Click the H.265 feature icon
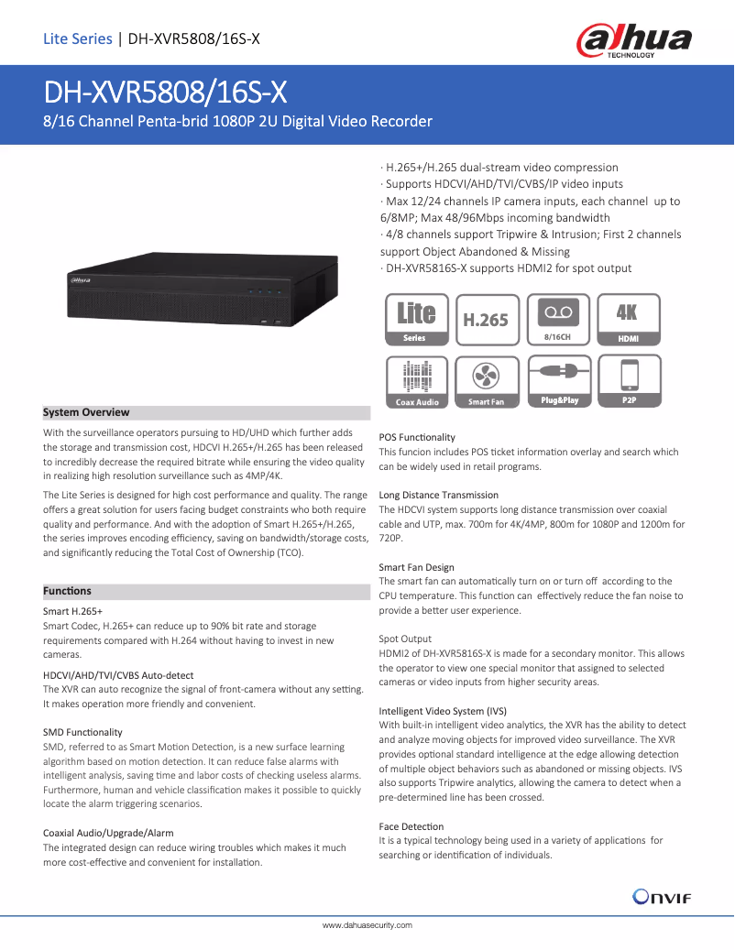[486, 320]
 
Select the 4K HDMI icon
[628, 320]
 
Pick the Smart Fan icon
[486, 380]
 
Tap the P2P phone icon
[629, 380]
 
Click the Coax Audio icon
[417, 380]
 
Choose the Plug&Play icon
[558, 380]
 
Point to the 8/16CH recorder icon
[557, 320]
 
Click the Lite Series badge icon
[416, 320]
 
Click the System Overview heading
[87, 412]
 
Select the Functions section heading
[68, 591]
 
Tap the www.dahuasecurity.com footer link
[367, 926]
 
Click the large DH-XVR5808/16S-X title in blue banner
[166, 92]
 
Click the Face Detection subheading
[411, 826]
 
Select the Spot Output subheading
[405, 639]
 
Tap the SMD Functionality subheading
[82, 732]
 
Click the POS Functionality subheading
[417, 437]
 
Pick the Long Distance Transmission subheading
[439, 495]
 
